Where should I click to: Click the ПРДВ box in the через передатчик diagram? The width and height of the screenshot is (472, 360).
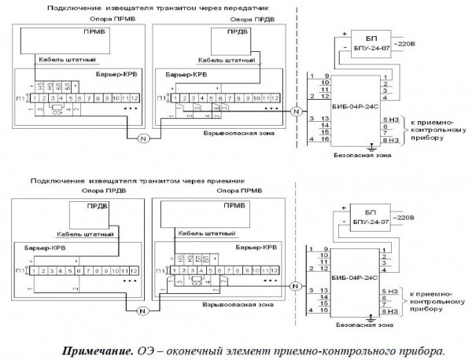click(x=229, y=39)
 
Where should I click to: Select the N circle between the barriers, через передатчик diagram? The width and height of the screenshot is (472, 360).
click(x=143, y=138)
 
